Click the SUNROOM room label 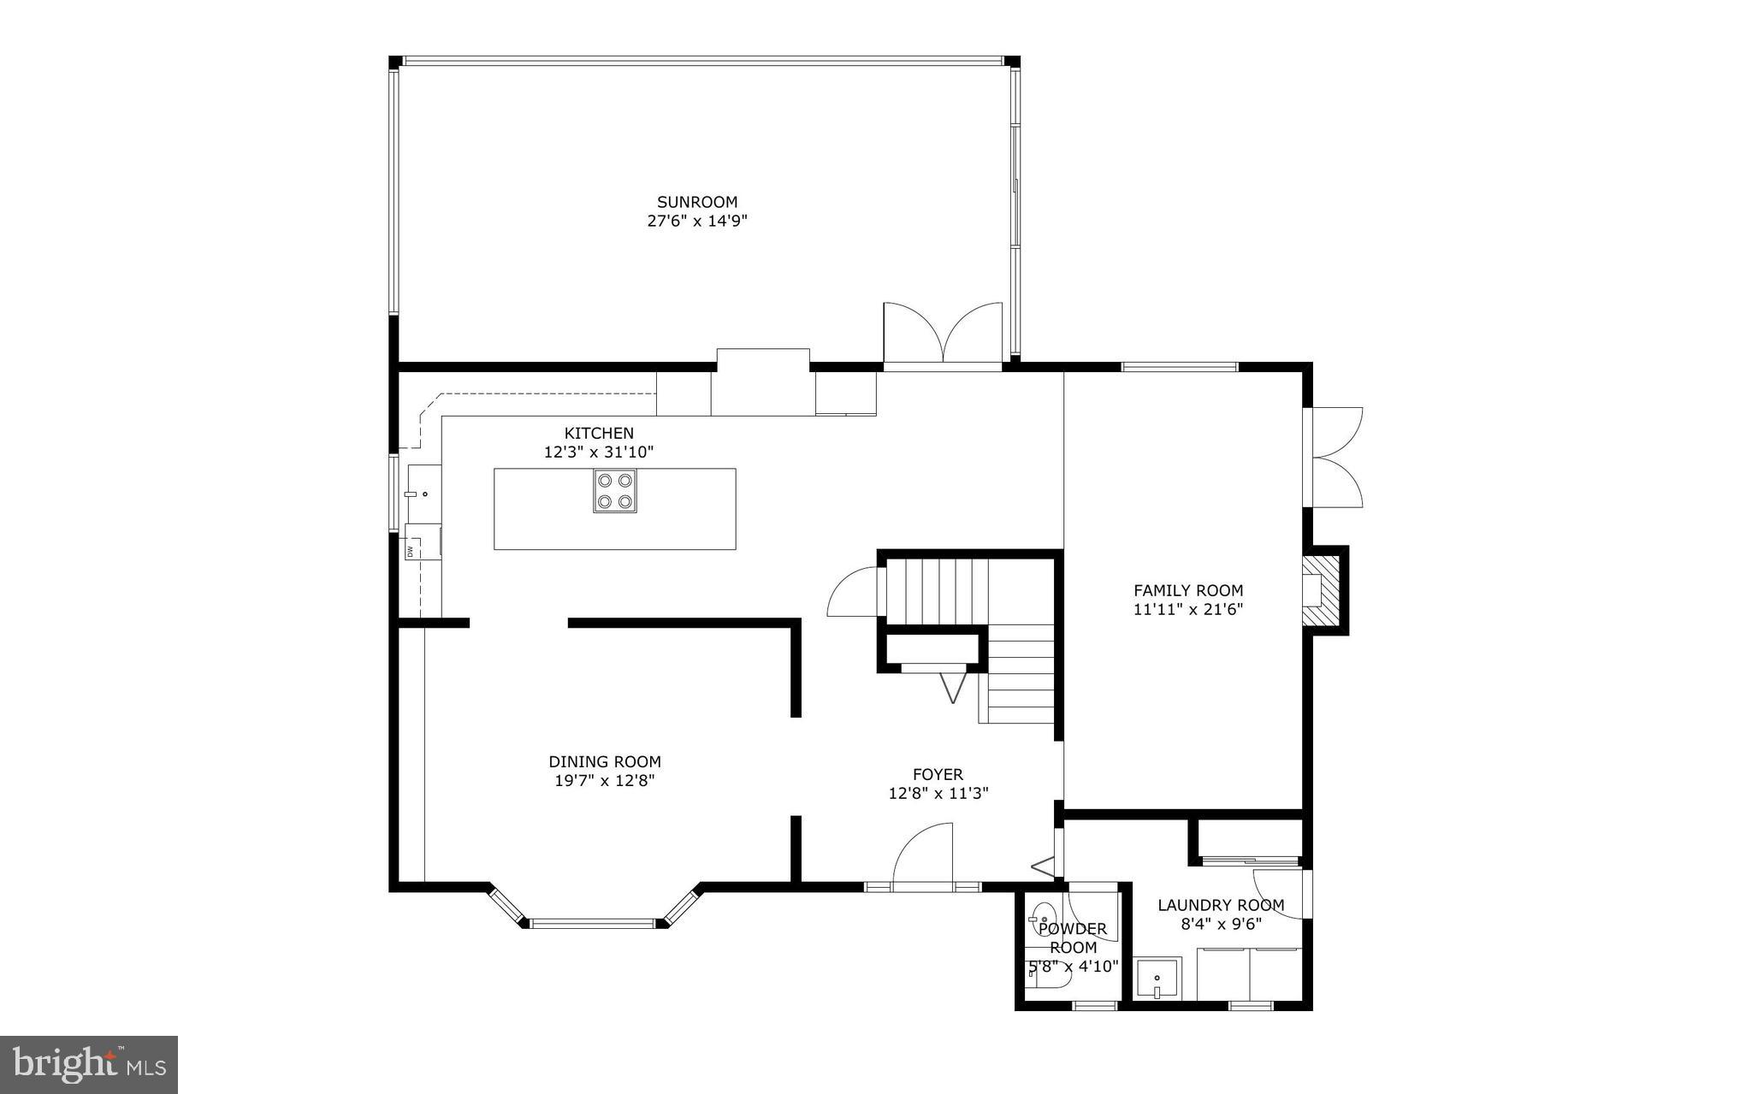coord(696,202)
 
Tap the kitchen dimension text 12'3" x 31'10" coord(599,452)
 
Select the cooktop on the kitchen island coord(615,491)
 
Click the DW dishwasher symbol coord(410,551)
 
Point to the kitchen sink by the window coord(423,494)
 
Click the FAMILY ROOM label coord(1188,590)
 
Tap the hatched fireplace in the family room coord(1318,591)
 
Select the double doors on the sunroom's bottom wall coord(943,334)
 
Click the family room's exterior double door coord(1335,457)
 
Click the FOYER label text coord(938,774)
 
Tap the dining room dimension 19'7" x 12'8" coord(604,781)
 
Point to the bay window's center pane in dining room coord(592,923)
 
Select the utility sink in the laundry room coord(1157,978)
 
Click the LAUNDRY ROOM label coord(1221,905)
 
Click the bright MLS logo coord(89,1064)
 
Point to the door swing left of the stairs coord(853,592)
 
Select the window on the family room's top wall coord(1180,367)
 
